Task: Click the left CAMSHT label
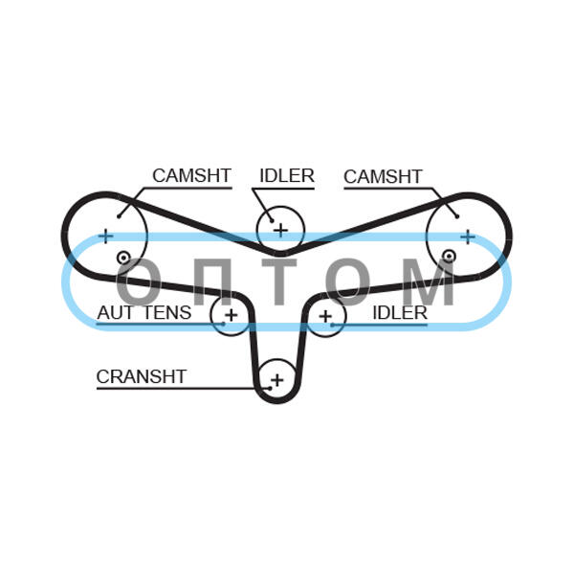coord(192,175)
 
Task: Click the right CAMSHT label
coord(383,176)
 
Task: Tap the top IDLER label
coord(287,176)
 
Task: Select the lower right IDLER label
coord(400,313)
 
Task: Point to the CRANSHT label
coord(142,376)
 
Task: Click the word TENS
coord(167,313)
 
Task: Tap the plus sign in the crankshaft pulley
coord(277,380)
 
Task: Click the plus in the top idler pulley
coord(280,230)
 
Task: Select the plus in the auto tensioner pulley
coord(232,315)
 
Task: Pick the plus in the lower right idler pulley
coord(325,316)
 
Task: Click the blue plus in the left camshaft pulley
coord(106,237)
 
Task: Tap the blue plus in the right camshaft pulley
coord(468,237)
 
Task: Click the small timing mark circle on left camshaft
coord(123,258)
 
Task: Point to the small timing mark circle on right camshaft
coord(449,257)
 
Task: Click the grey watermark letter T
coord(279,282)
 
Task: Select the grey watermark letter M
coord(431,282)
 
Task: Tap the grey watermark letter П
coord(212,282)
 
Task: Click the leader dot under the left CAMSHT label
coord(119,216)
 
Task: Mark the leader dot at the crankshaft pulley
coord(270,389)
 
